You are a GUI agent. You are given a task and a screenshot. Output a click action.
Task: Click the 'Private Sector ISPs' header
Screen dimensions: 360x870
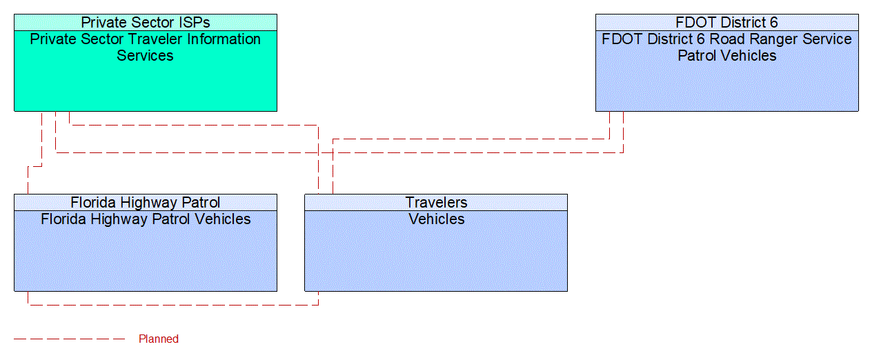145,22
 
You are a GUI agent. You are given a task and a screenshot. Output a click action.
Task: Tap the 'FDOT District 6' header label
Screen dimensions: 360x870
726,22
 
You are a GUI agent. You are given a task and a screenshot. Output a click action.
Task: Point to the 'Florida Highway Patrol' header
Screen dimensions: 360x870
145,202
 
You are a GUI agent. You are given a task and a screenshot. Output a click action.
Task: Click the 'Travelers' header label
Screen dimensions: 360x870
436,202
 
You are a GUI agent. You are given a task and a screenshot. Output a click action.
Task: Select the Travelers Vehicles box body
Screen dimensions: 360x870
436,255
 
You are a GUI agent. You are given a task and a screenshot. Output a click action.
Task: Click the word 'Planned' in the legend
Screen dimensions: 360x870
159,339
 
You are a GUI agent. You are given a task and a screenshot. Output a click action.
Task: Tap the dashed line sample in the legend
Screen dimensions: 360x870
69,339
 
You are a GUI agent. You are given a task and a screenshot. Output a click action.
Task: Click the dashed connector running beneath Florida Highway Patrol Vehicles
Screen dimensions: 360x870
172,304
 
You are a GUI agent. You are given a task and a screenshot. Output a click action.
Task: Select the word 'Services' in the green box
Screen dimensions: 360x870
145,56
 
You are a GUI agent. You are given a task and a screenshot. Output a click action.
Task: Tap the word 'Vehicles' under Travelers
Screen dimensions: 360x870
436,219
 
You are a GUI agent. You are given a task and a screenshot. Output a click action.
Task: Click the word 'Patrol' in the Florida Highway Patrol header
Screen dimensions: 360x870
198,202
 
